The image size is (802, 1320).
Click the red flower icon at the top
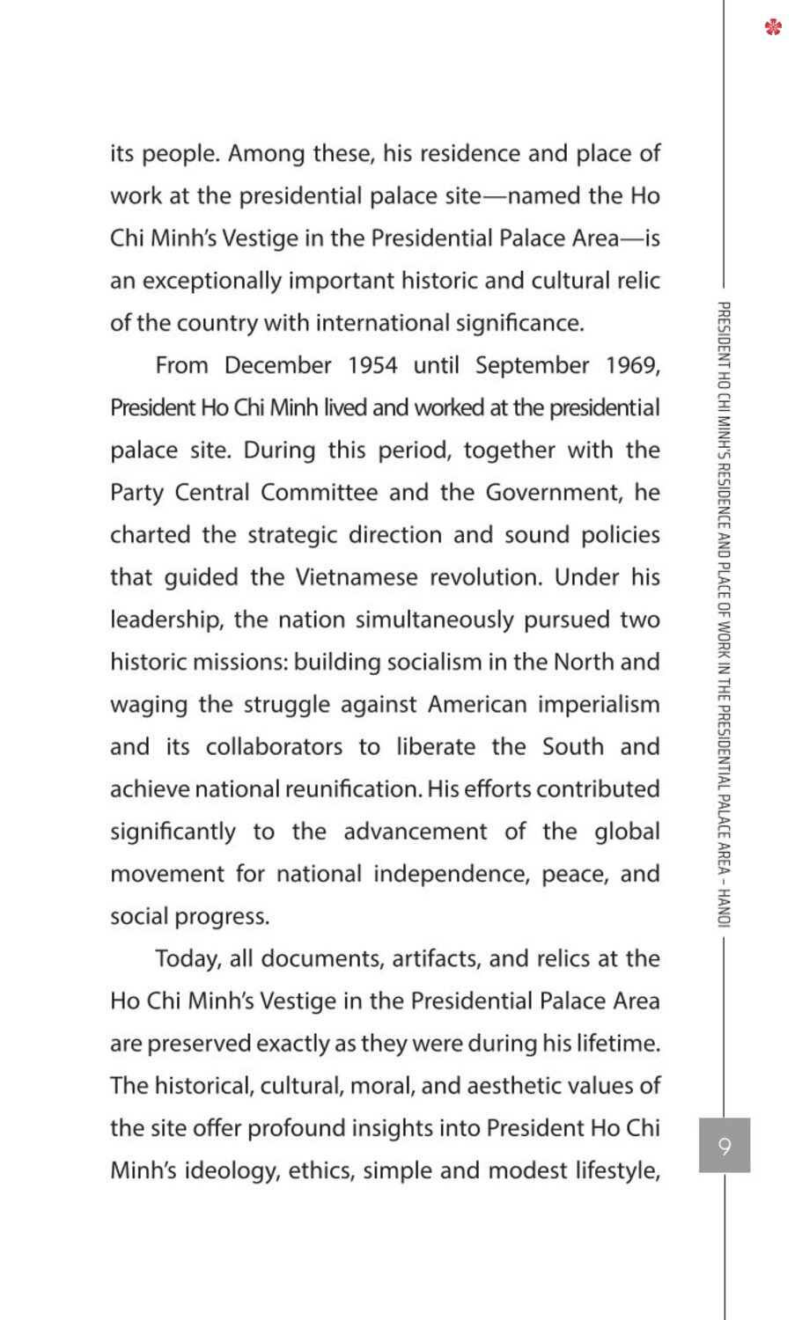click(x=773, y=28)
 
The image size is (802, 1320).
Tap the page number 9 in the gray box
click(x=725, y=1146)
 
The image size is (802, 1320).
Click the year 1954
click(x=372, y=365)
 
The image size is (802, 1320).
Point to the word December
click(x=277, y=365)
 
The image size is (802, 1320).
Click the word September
click(x=532, y=365)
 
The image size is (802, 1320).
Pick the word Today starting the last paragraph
click(x=187, y=958)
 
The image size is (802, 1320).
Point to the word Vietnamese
click(x=356, y=577)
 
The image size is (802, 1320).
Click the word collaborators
click(x=274, y=747)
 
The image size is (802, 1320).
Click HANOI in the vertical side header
click(x=724, y=907)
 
